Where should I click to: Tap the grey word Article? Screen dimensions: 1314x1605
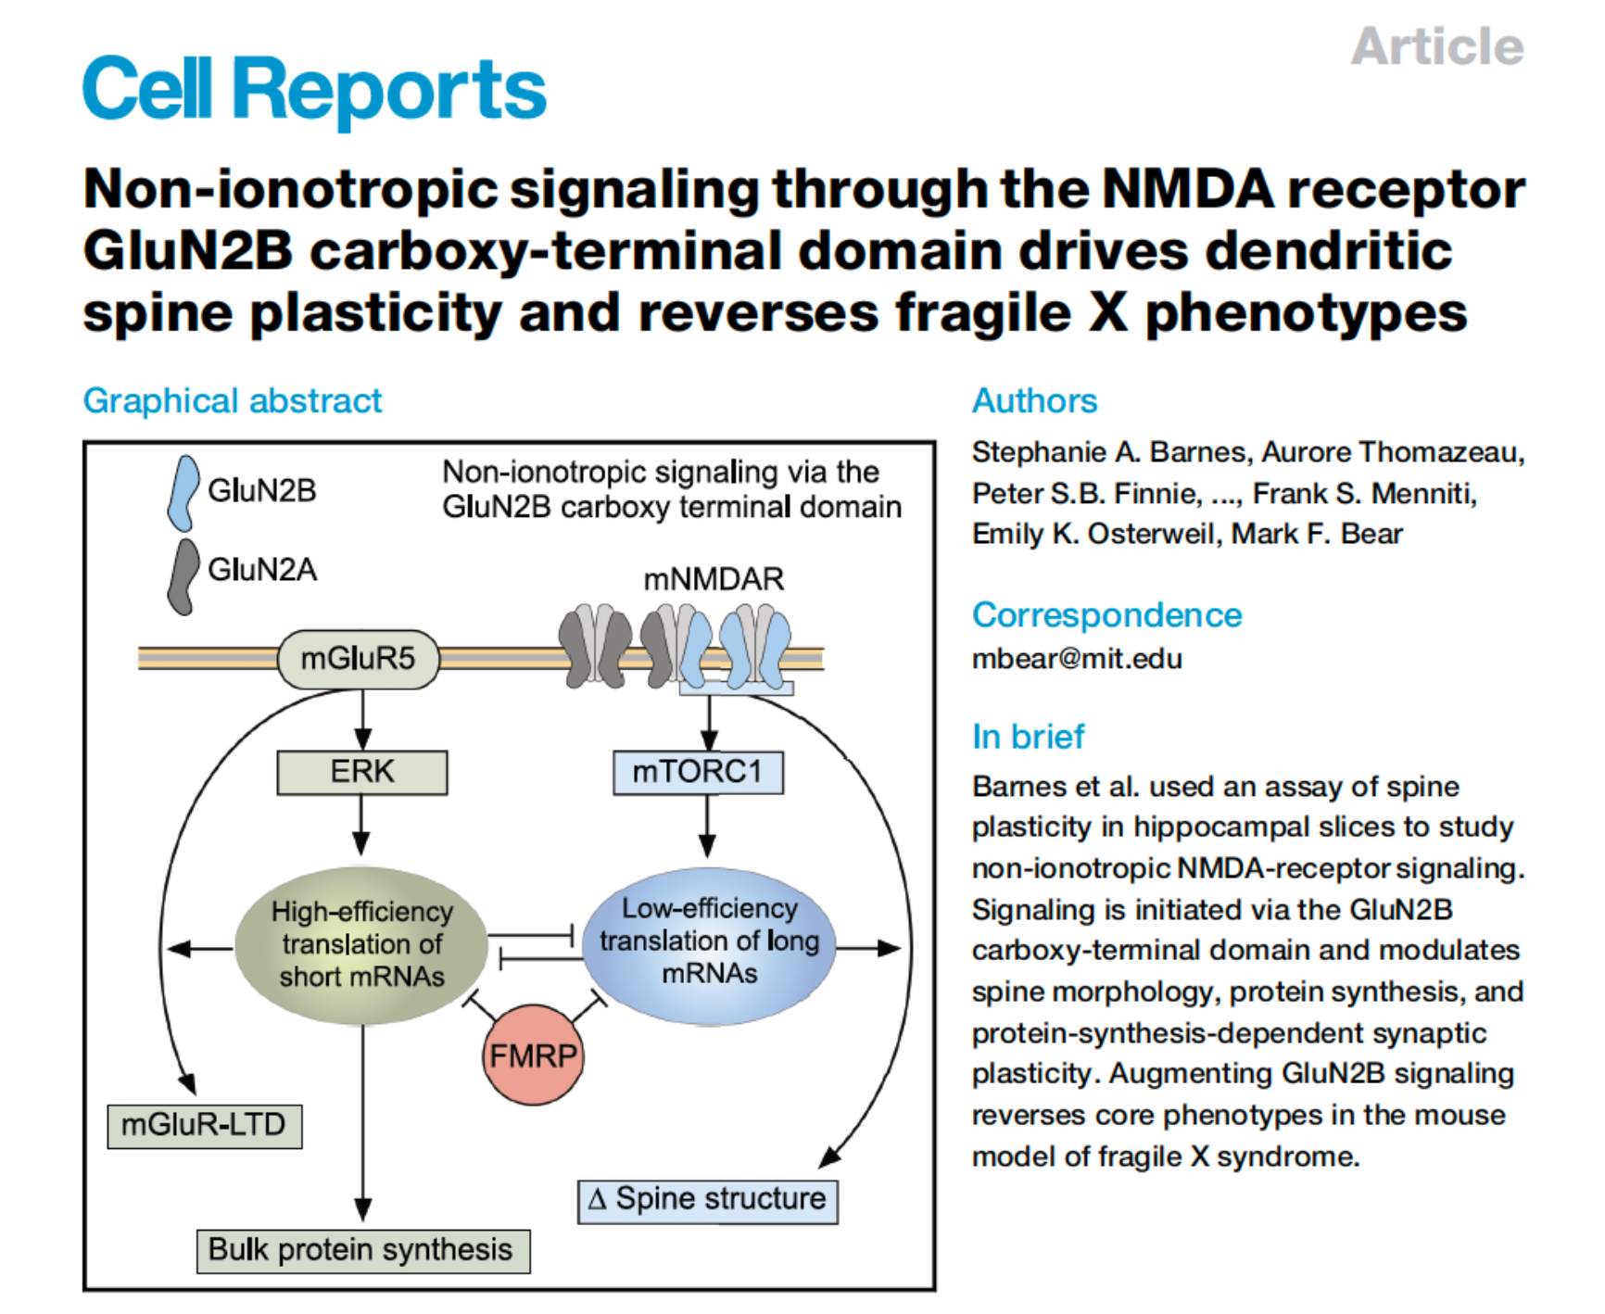point(1436,46)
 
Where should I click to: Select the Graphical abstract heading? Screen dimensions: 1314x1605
point(232,401)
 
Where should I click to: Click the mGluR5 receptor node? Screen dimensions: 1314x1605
point(358,659)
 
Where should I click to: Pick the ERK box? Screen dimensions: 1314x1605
point(361,772)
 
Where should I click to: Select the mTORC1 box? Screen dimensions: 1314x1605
point(697,772)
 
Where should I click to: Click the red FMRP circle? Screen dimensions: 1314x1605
point(533,1055)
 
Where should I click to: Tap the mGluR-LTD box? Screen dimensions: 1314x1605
point(204,1125)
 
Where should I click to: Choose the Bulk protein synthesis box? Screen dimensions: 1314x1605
point(362,1250)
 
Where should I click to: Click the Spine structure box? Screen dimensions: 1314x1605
point(707,1200)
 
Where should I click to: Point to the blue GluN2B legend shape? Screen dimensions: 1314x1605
point(183,492)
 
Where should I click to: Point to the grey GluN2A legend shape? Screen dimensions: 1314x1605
point(183,575)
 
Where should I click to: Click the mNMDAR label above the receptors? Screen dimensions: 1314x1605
point(713,580)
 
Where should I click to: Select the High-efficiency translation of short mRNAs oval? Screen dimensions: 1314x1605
point(361,944)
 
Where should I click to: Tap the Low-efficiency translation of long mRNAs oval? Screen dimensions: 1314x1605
point(709,942)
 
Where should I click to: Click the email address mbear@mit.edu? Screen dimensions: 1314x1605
point(1076,659)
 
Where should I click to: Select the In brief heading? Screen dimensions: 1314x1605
point(1027,737)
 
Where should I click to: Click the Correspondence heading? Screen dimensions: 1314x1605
point(1106,615)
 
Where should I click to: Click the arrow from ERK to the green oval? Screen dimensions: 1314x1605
point(361,824)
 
